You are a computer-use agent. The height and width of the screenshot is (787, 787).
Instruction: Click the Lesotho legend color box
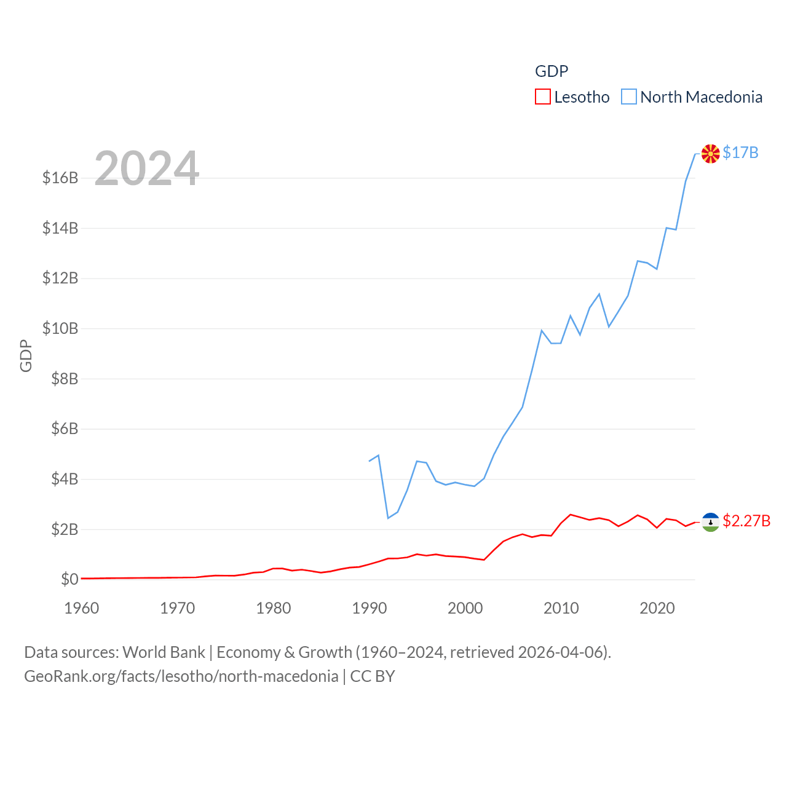(542, 97)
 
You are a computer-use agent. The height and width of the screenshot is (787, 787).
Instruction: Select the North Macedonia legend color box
(628, 97)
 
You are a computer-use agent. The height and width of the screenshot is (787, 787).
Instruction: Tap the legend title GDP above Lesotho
(552, 71)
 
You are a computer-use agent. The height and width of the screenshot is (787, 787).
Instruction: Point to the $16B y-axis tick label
(60, 178)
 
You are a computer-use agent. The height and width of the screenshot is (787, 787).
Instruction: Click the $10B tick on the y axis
(60, 328)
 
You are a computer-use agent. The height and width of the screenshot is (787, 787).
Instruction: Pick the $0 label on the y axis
(69, 579)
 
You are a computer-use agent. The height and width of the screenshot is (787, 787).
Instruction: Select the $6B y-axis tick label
(65, 429)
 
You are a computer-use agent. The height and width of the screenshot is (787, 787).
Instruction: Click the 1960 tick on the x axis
(82, 608)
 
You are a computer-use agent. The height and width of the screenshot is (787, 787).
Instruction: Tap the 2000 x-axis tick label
(465, 608)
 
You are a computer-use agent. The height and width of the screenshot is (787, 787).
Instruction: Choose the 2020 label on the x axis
(657, 608)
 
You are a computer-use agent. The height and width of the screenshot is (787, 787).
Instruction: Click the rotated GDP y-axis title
(26, 355)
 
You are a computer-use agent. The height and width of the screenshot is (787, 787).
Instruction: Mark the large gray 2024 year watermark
(146, 168)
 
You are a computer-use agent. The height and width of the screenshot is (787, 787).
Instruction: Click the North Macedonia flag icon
(711, 153)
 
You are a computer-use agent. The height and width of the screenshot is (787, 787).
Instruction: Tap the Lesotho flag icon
(711, 522)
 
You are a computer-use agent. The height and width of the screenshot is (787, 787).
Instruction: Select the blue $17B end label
(740, 152)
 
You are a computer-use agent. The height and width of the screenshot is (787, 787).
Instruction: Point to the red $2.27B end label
(746, 521)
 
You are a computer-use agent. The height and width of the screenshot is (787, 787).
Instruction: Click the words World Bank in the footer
(164, 652)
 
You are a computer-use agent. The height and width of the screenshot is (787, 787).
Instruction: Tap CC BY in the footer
(373, 676)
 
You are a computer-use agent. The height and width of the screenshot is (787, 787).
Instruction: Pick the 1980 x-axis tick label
(274, 608)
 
